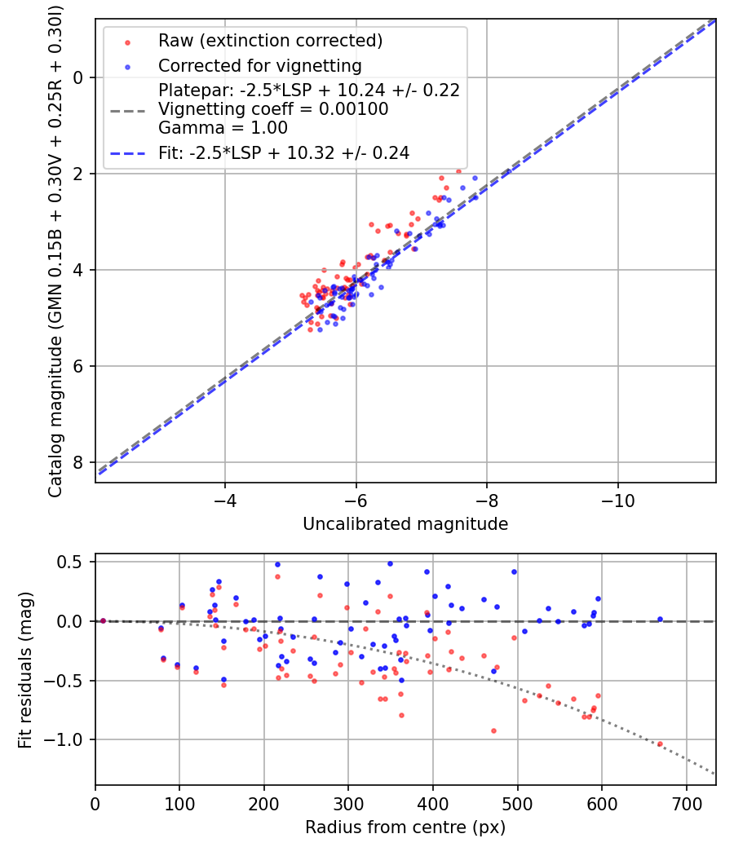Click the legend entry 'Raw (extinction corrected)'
(270, 41)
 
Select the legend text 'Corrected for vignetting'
(260, 65)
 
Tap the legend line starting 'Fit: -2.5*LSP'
(284, 153)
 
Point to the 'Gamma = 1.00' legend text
(223, 128)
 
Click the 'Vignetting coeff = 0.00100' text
(273, 108)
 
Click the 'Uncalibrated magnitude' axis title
(405, 524)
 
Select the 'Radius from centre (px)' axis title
(405, 827)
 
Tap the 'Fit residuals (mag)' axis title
(25, 670)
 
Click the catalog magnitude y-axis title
(55, 251)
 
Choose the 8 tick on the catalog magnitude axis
(78, 462)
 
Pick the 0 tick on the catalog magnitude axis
(78, 77)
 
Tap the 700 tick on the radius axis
(687, 804)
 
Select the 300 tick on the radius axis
(348, 804)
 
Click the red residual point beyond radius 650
(660, 744)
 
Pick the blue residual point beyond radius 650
(660, 619)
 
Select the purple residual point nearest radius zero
(103, 620)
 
